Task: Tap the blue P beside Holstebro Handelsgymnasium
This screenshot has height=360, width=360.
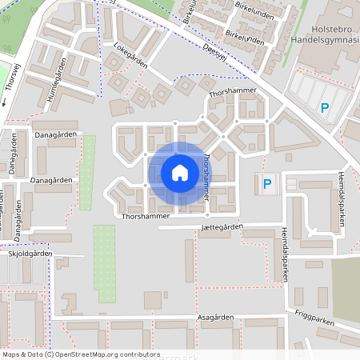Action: pos(325,109)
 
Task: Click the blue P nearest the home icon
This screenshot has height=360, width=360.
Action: pos(267,184)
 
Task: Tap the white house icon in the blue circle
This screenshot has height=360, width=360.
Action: pos(180,172)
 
